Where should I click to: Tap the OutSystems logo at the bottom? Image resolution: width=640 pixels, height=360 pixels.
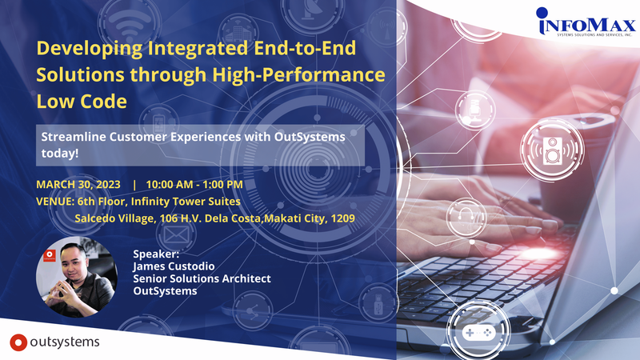tap(55, 342)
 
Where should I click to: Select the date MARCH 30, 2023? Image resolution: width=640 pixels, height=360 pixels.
tap(78, 184)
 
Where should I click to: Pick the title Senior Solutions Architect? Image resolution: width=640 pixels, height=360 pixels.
tap(202, 278)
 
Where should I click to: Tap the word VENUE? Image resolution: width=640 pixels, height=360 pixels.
tap(55, 201)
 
